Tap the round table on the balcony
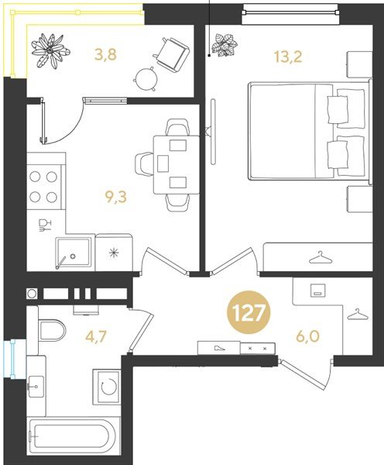click(146, 77)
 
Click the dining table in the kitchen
click(173, 163)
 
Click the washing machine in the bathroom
click(109, 387)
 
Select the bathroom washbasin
click(38, 381)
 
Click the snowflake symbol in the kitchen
click(114, 253)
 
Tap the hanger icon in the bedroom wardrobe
click(317, 257)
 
